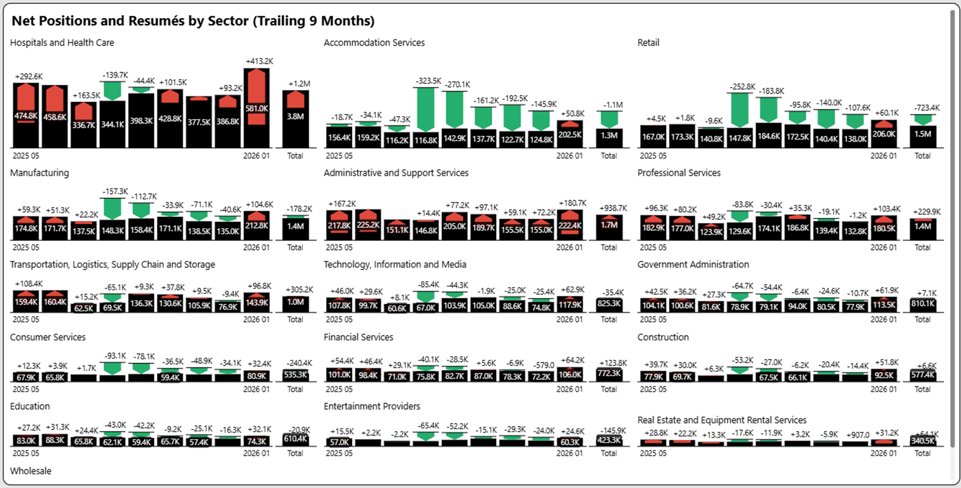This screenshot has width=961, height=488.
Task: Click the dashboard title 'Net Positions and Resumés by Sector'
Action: (193, 21)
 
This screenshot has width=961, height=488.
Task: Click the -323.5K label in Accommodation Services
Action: (428, 81)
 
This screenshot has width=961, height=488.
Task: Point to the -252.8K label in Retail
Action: (742, 87)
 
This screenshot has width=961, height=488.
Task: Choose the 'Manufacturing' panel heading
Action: (40, 173)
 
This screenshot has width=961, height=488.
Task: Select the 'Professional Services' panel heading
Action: (679, 173)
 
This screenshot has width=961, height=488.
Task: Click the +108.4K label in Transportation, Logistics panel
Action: (29, 284)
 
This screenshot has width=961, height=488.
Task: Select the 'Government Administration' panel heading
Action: (693, 264)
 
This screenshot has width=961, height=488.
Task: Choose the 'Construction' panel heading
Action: (663, 337)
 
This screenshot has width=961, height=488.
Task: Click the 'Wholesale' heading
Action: (31, 471)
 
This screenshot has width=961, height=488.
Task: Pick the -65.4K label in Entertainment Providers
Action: (428, 426)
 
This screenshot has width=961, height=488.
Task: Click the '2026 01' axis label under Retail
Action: (883, 156)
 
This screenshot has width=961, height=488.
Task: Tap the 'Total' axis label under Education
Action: (295, 453)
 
